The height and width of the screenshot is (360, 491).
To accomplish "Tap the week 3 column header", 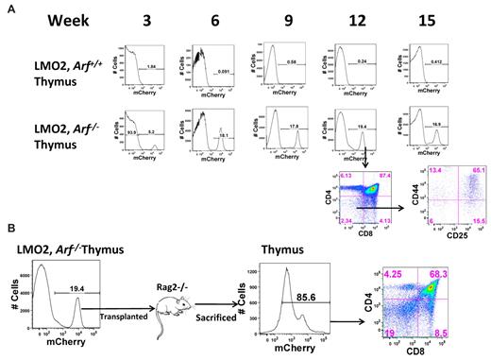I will pos(143,18).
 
